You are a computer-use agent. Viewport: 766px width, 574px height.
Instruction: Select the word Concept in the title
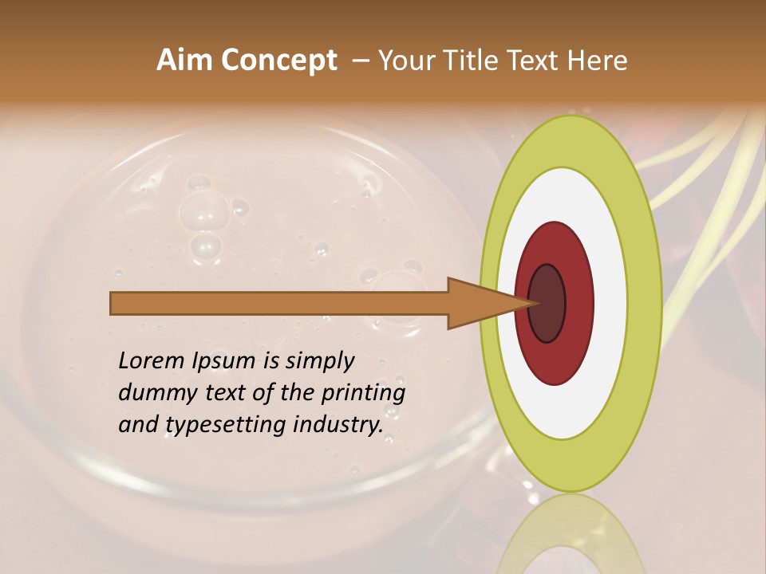pos(279,61)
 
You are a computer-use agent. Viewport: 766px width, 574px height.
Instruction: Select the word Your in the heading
pos(404,61)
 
